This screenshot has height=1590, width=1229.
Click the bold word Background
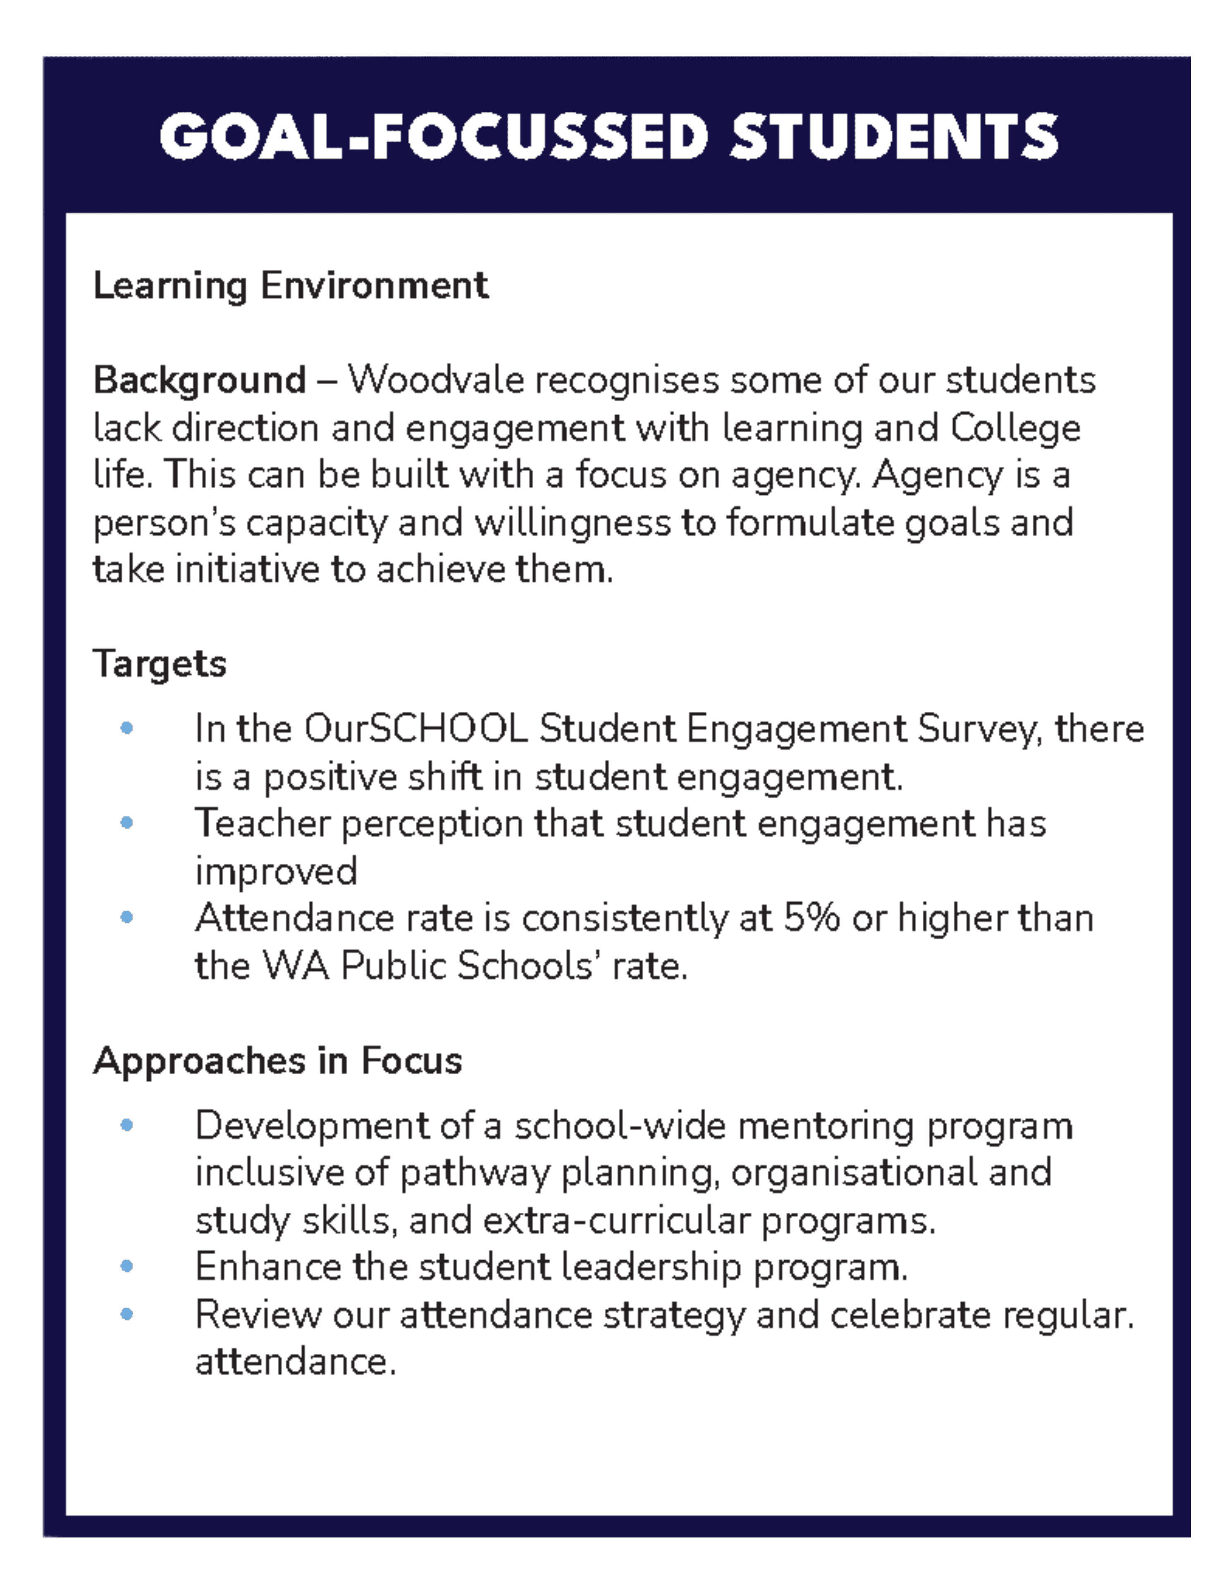pyautogui.click(x=199, y=380)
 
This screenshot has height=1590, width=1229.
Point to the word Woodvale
pyautogui.click(x=435, y=380)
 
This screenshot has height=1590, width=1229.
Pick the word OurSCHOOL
pyautogui.click(x=415, y=729)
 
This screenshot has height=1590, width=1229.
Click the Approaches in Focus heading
pyautogui.click(x=277, y=1061)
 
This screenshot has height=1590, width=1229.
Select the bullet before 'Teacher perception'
pyautogui.click(x=126, y=823)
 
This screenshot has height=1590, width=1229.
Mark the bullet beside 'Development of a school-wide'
pyautogui.click(x=126, y=1125)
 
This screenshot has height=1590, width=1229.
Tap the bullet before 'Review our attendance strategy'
pyautogui.click(x=126, y=1314)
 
